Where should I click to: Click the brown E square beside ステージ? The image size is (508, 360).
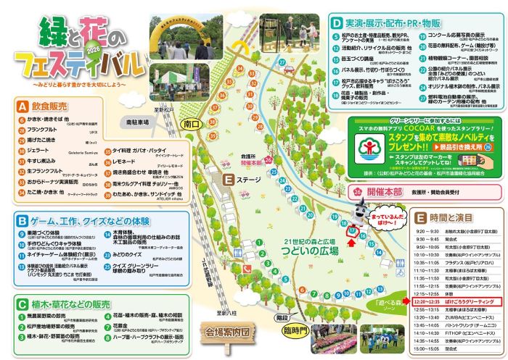point(228,178)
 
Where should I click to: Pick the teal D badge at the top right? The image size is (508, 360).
point(336,22)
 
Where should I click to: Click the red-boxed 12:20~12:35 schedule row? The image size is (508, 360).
point(452,300)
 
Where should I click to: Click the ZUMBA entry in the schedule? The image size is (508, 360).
point(470,317)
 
